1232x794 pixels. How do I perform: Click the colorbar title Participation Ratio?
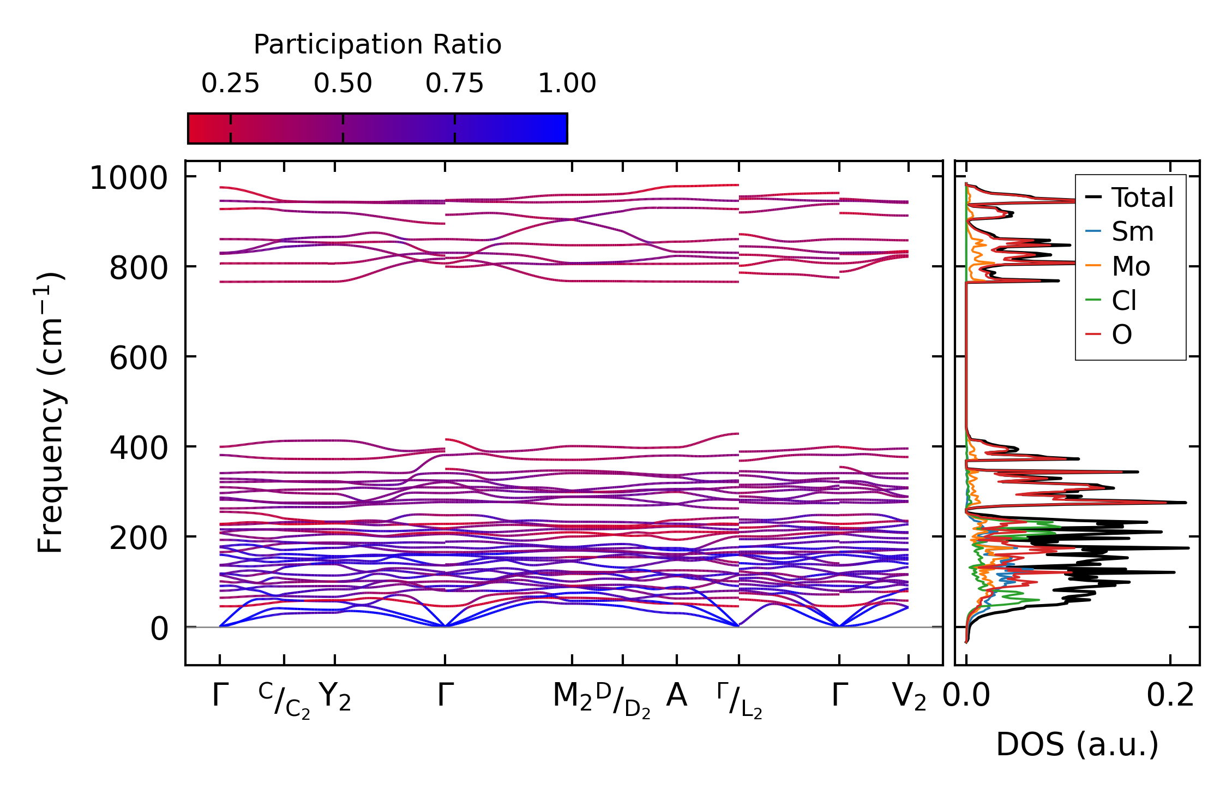pos(377,45)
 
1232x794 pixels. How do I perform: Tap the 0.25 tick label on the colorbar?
pos(230,83)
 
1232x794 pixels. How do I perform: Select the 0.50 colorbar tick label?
pos(342,83)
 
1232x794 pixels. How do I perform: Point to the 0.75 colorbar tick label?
pos(454,83)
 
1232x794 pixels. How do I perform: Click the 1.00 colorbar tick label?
pos(567,83)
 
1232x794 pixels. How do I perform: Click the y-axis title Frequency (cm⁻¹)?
pos(51,413)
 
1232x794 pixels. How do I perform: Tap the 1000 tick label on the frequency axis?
pos(129,178)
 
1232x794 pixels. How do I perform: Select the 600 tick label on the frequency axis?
pos(139,359)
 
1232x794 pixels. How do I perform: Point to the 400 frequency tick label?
pos(139,449)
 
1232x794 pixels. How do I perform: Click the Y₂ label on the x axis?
pos(335,697)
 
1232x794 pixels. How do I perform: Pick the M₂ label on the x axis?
pos(572,697)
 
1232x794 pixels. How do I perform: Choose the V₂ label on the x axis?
pos(909,697)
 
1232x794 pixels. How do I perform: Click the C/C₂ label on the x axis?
pos(284,700)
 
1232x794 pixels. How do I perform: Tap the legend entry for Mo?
pos(1131,266)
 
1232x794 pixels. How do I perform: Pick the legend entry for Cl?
pos(1124,301)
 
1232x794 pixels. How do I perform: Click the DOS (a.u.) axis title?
pos(1077,744)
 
